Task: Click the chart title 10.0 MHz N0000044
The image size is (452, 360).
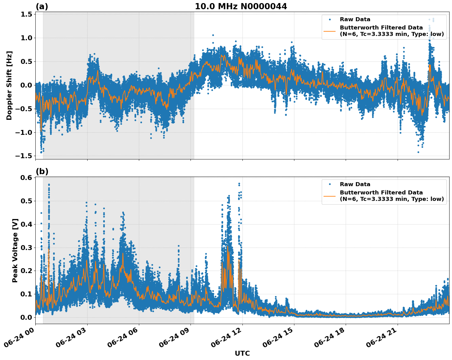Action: pos(241,6)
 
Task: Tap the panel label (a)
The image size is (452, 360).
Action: pos(42,6)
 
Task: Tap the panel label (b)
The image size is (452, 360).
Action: pos(42,171)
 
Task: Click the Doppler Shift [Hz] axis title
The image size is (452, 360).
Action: pos(9,85)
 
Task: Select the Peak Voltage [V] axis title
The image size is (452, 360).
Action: pos(15,250)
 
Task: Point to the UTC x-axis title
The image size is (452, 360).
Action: pos(242,353)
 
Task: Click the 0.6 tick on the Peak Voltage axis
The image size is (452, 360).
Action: pos(26,178)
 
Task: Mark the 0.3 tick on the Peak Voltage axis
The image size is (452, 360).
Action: pos(26,248)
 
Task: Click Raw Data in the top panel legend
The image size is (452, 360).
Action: pos(355,19)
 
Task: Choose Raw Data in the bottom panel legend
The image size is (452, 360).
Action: pos(355,184)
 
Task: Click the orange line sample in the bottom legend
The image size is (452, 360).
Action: pos(330,196)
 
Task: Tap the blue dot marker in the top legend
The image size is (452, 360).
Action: pos(330,19)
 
